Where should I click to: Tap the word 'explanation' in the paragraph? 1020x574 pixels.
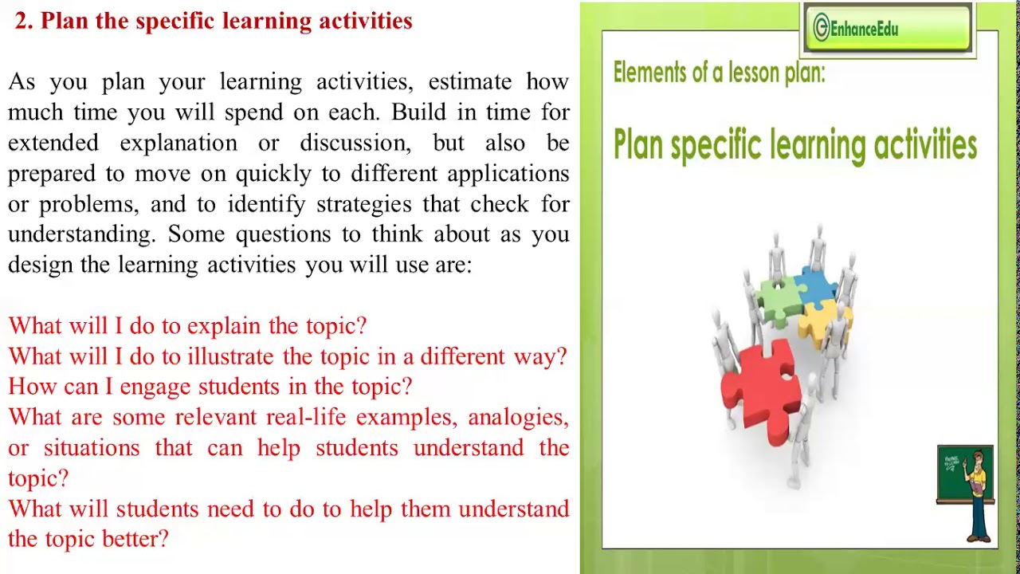178,143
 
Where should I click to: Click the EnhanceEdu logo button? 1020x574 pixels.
889,29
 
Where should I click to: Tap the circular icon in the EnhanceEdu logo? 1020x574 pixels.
821,29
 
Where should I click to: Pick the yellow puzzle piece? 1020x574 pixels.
826,319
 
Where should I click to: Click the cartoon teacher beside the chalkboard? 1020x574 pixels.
978,494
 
